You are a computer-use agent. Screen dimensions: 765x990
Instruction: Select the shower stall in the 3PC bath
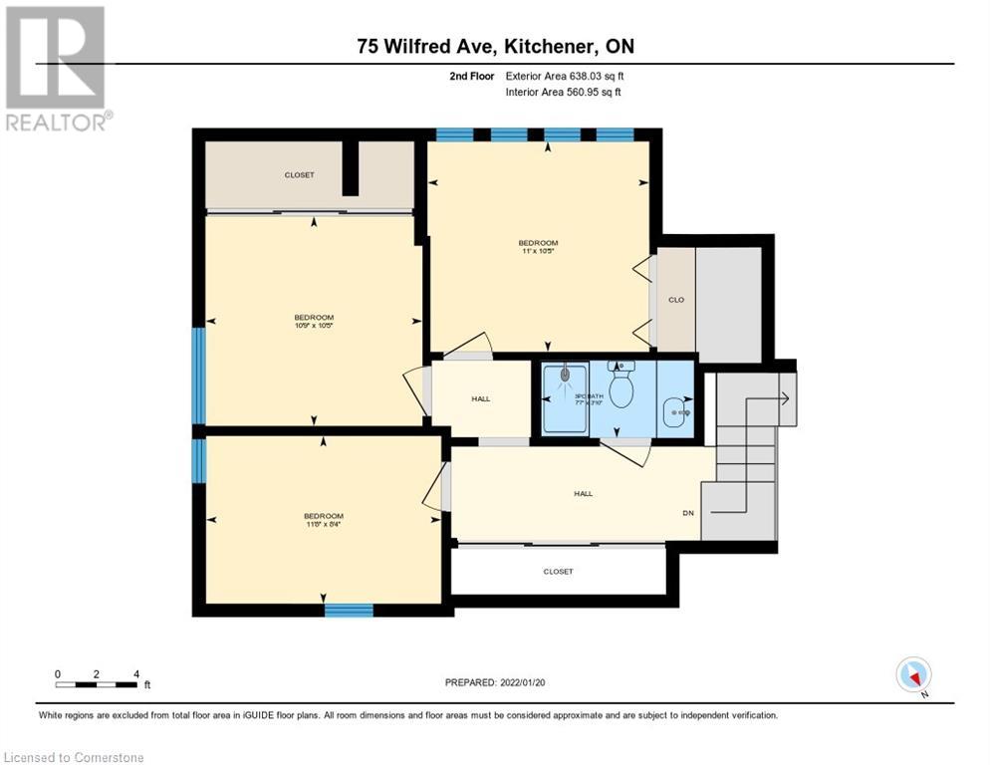[x=565, y=397]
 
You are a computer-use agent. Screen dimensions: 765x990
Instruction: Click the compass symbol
[x=912, y=675]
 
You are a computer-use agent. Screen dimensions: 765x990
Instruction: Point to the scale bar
[x=97, y=684]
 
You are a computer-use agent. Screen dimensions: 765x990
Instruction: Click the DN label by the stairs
[x=687, y=513]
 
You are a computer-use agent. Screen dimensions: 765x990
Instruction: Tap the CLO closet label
[x=675, y=299]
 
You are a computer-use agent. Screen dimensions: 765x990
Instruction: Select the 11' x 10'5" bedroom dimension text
[x=538, y=251]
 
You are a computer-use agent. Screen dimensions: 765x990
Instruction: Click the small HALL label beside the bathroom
[x=480, y=399]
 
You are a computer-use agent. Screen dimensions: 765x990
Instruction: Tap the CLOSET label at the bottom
[x=558, y=572]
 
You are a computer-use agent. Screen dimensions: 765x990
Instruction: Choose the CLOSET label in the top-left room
[x=299, y=175]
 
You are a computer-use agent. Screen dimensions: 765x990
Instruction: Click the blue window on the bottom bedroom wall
[x=349, y=610]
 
